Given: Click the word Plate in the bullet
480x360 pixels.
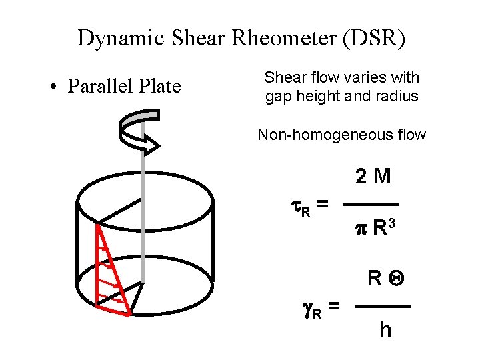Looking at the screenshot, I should tap(157, 87).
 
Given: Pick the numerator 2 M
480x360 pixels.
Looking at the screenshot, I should tap(373, 177).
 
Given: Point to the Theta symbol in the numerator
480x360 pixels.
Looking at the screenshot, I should tap(395, 278).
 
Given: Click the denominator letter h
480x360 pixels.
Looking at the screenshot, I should tap(385, 329).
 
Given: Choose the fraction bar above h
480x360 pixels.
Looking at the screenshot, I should tap(381, 306).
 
